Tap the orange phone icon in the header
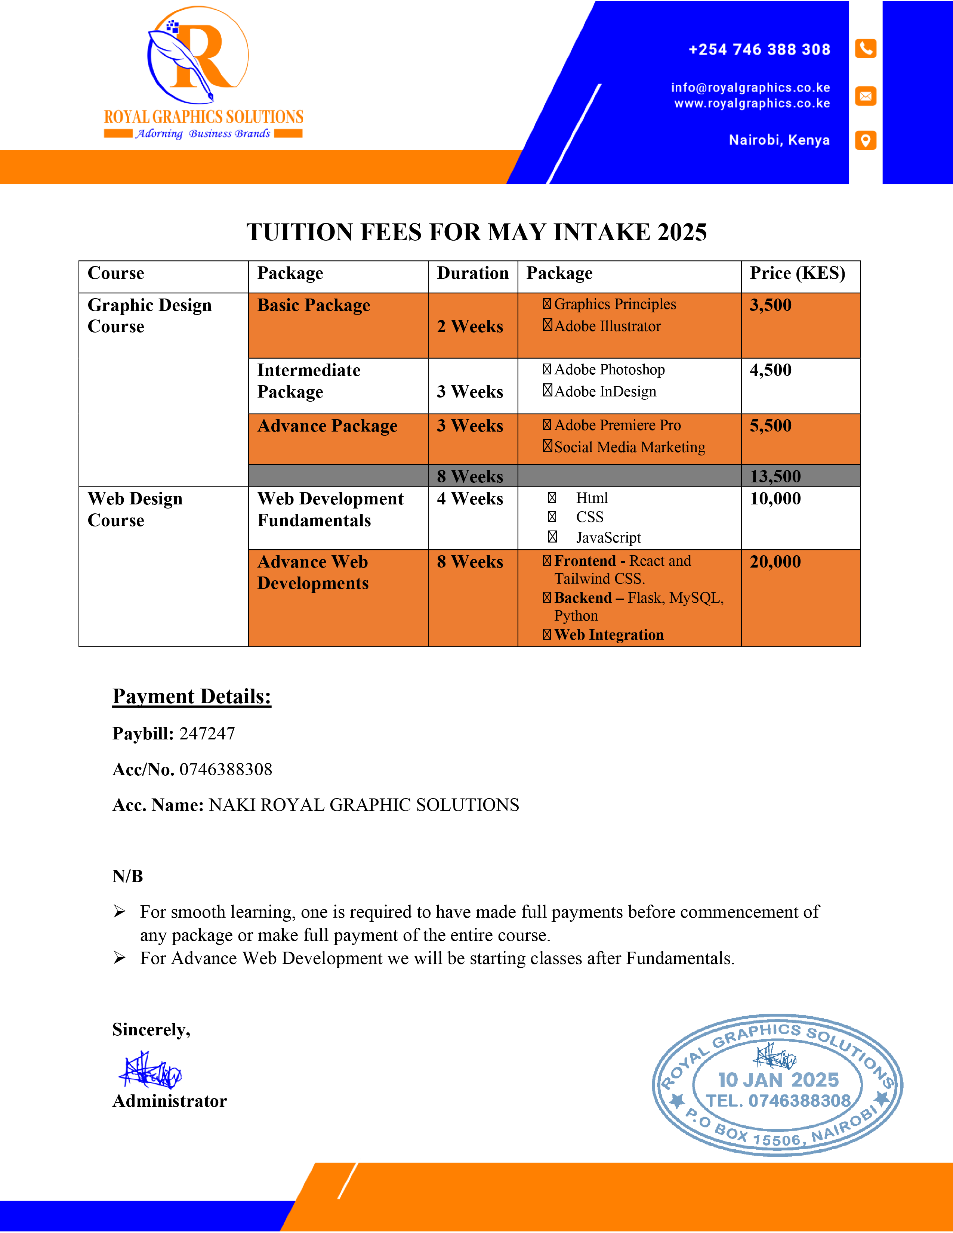pyautogui.click(x=866, y=49)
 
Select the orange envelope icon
pyautogui.click(x=866, y=96)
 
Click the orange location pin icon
pyautogui.click(x=866, y=140)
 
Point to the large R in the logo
pyautogui.click(x=203, y=56)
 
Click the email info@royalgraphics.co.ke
pyautogui.click(x=750, y=87)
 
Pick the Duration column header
pyautogui.click(x=472, y=273)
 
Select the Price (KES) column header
pyautogui.click(x=797, y=273)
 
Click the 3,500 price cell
pyautogui.click(x=771, y=305)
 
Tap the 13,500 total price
pyautogui.click(x=775, y=476)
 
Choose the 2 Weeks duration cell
pyautogui.click(x=470, y=326)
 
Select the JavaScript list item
pyautogui.click(x=608, y=537)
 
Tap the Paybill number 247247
pyautogui.click(x=207, y=733)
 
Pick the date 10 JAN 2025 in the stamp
pyautogui.click(x=778, y=1080)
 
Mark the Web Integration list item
pyautogui.click(x=608, y=635)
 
